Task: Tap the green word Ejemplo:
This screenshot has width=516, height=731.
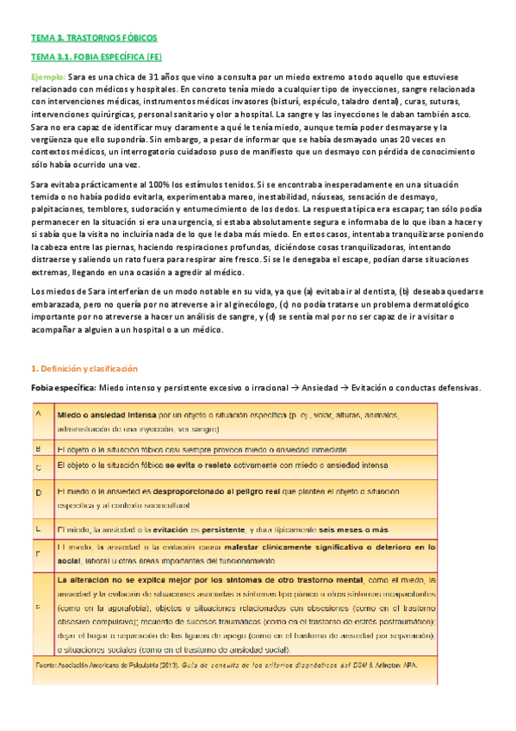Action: (47, 78)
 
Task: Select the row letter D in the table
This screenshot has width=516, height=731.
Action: (38, 492)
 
